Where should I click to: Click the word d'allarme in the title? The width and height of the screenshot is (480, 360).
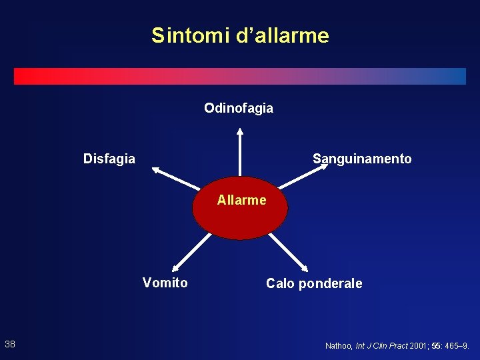(283, 35)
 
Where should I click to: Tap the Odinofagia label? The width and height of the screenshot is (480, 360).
(239, 108)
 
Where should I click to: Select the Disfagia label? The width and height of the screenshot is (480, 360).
(109, 159)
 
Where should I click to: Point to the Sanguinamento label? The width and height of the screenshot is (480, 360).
(362, 159)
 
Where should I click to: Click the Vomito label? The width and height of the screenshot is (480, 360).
(165, 283)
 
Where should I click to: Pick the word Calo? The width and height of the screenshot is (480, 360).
(281, 283)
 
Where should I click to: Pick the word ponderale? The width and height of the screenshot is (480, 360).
(331, 284)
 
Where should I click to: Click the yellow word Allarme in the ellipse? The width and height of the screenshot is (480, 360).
(241, 200)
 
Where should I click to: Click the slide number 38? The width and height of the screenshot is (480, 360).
(10, 344)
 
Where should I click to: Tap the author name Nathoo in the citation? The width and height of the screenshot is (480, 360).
(339, 346)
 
